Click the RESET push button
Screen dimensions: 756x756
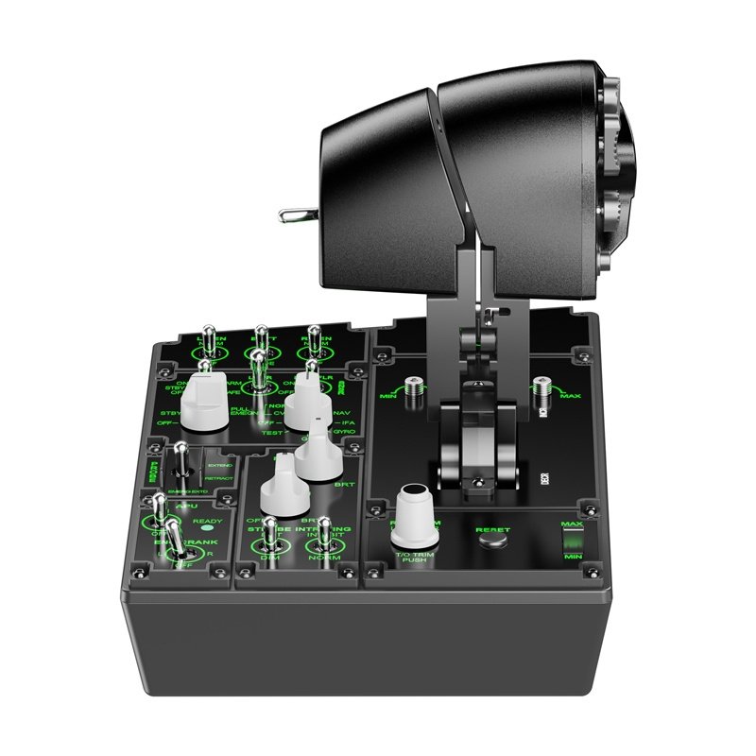tap(491, 541)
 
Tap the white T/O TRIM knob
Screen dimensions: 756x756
tap(414, 515)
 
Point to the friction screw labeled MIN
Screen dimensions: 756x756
tap(413, 388)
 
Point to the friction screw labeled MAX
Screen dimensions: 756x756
tap(541, 388)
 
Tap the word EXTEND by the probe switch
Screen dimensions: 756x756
tap(219, 466)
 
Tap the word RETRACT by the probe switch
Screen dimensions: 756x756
tap(219, 479)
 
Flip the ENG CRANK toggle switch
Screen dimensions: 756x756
tap(175, 534)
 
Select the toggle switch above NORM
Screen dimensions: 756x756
tap(325, 534)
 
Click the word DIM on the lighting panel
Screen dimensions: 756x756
tap(270, 559)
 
